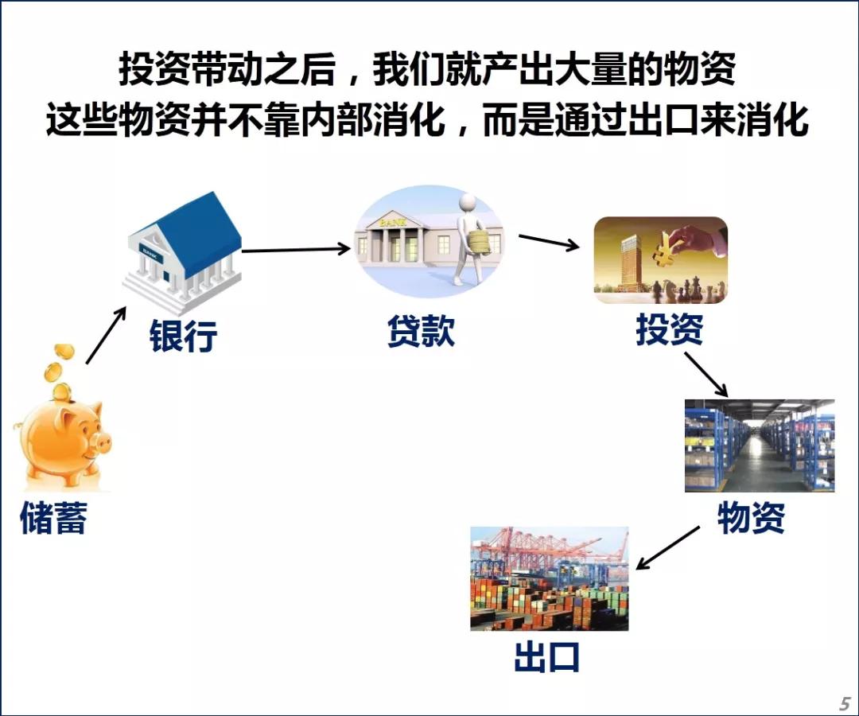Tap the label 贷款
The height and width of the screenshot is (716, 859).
422,330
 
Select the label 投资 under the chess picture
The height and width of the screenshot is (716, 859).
669,329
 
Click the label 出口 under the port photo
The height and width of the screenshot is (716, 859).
547,658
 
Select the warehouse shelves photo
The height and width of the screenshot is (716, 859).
759,446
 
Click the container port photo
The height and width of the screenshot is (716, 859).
549,578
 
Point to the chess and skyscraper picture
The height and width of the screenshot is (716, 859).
660,260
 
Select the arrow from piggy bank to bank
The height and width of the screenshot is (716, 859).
105,335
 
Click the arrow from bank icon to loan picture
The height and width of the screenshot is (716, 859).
296,250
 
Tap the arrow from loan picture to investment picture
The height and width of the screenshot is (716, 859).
549,242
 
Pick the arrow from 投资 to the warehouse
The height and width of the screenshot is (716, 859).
705,374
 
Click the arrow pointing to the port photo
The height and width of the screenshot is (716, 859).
668,548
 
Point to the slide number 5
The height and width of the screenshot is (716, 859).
845,703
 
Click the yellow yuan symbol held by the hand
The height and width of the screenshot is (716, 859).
663,250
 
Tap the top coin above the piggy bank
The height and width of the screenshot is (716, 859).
64,352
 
